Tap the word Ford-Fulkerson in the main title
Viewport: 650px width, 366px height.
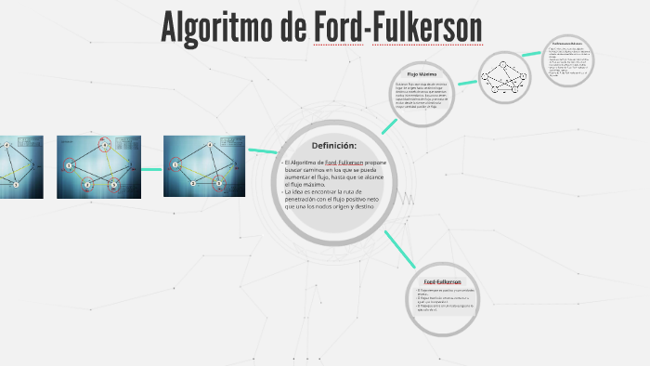[397, 29]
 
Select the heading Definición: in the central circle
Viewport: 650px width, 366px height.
[333, 146]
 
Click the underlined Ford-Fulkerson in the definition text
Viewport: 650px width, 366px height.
[344, 163]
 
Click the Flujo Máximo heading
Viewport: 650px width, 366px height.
[422, 73]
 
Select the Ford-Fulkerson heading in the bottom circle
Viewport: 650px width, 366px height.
[442, 281]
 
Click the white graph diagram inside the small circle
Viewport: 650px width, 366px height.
[509, 77]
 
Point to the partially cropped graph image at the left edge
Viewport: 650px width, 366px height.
[20, 167]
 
